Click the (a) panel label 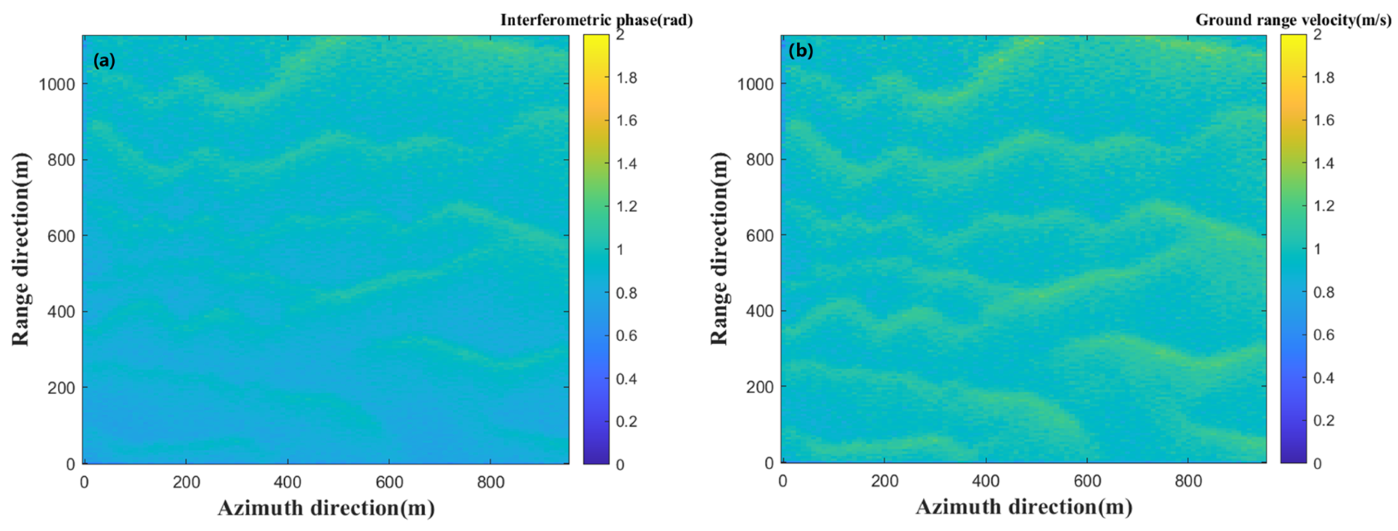[104, 61]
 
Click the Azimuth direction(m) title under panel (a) [326, 508]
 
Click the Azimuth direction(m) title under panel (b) [1024, 507]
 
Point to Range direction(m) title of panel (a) [21, 249]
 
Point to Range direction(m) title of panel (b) [719, 249]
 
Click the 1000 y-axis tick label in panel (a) [56, 84]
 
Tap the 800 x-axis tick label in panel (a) [490, 482]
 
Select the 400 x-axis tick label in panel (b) [986, 481]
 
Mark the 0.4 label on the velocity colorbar [1324, 378]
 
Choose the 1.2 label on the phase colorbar [627, 207]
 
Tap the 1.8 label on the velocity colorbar [1324, 78]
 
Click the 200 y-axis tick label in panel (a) [61, 388]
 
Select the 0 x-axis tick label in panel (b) [783, 481]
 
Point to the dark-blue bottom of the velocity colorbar [1293, 459]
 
